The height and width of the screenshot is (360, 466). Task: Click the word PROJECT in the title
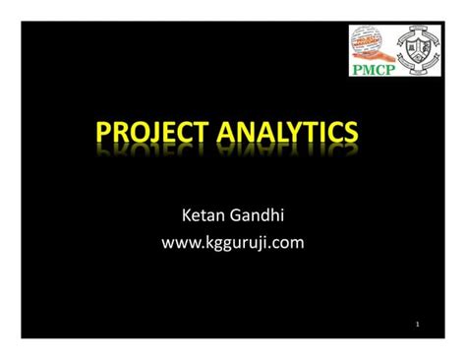tap(158, 134)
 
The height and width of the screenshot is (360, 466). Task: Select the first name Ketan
tap(202, 214)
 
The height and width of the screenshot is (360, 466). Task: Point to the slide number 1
tap(418, 324)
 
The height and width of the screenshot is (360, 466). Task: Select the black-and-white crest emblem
tap(416, 50)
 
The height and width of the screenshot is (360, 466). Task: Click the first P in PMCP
tap(355, 70)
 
